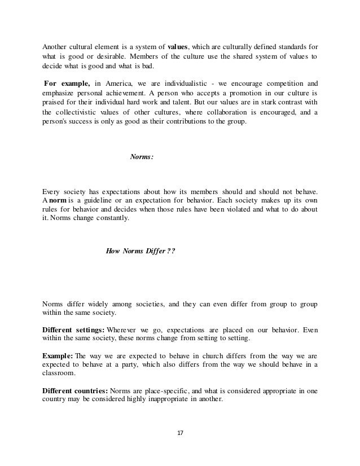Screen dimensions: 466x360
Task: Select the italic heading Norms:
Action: pyautogui.click(x=141, y=157)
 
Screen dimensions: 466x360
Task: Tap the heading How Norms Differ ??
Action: pyautogui.click(x=141, y=252)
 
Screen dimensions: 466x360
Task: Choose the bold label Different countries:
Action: pyautogui.click(x=75, y=389)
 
